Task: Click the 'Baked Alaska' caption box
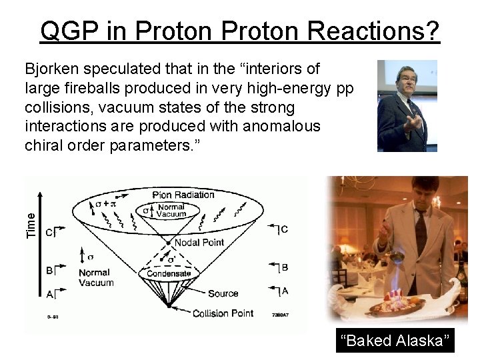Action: (x=395, y=341)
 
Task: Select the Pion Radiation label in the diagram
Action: (x=183, y=195)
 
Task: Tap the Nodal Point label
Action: (x=198, y=242)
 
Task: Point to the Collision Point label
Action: (x=223, y=313)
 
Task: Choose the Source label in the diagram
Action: (x=223, y=293)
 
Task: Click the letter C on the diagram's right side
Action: (x=284, y=229)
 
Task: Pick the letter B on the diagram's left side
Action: (x=49, y=270)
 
